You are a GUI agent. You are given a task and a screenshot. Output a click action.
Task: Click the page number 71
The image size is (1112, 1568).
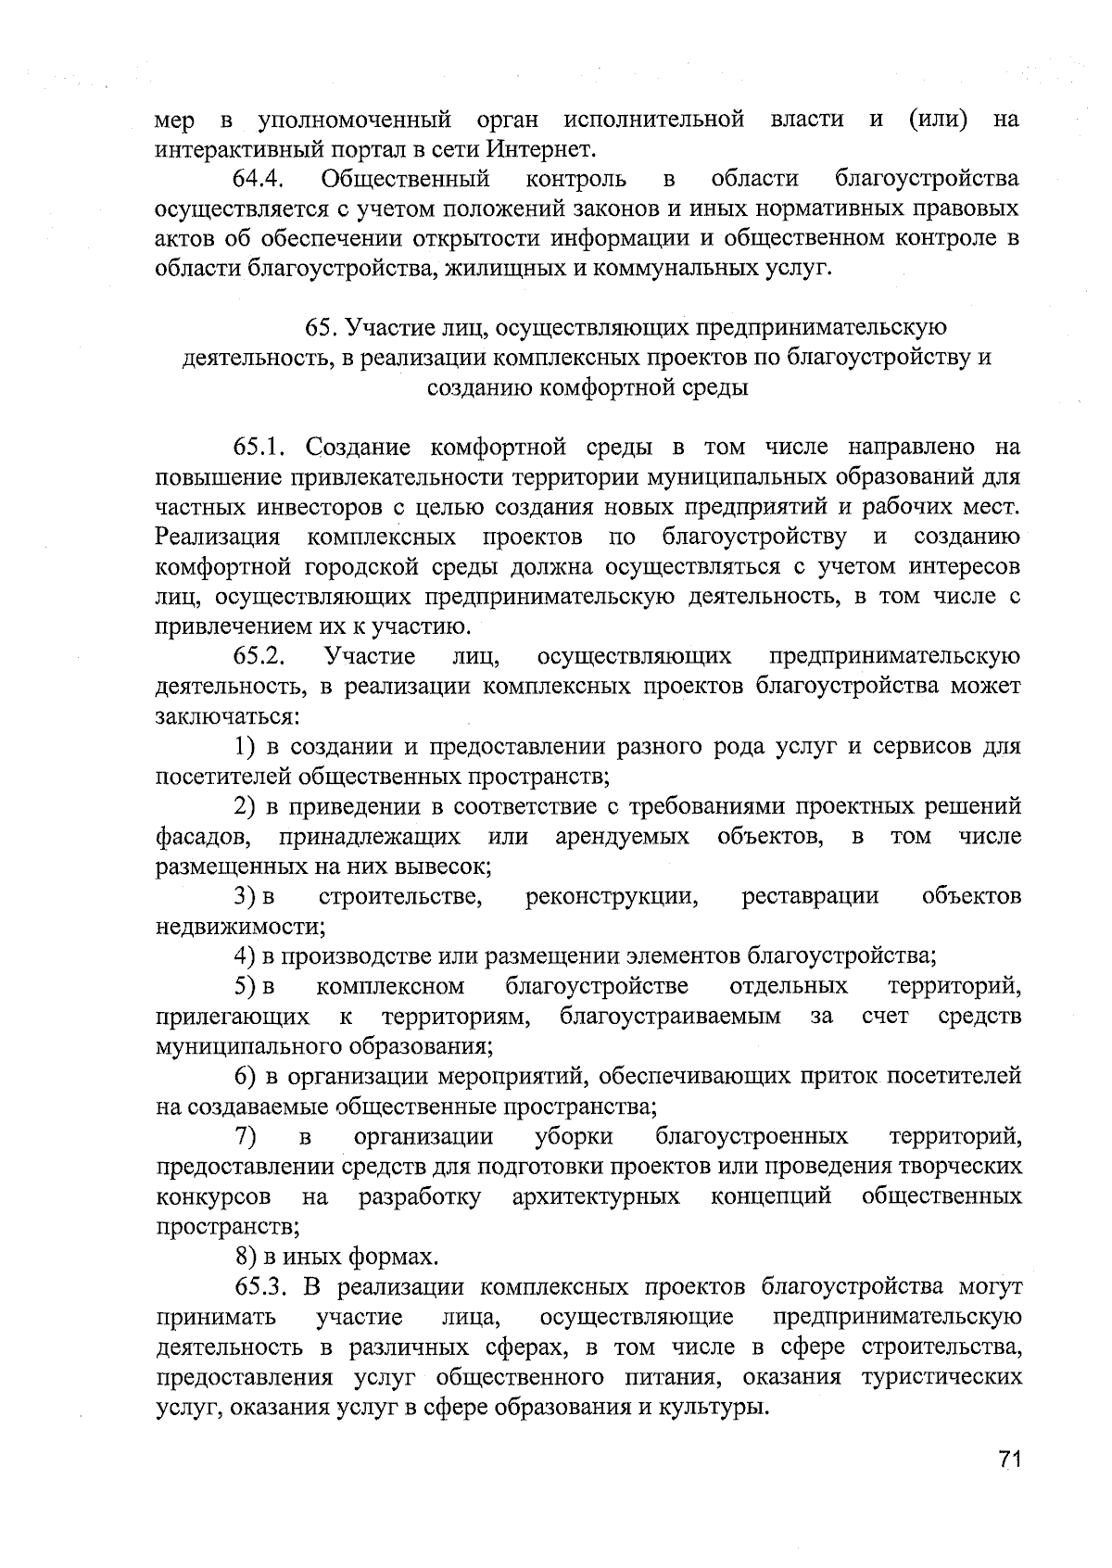pos(1009,1461)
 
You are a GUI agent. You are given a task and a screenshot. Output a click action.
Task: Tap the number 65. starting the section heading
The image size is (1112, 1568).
pos(321,327)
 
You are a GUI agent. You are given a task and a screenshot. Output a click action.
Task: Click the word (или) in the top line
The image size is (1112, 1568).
pos(939,120)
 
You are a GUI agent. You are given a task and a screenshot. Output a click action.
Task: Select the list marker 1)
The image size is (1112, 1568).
pos(245,747)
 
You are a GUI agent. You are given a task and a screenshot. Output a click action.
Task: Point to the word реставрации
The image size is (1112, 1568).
pos(810,896)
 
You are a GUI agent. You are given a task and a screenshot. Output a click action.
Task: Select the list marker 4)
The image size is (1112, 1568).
pos(245,955)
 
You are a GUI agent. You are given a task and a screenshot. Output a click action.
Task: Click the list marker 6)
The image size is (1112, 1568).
pos(245,1076)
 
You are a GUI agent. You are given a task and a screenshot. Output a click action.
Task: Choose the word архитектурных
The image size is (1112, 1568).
pos(596,1196)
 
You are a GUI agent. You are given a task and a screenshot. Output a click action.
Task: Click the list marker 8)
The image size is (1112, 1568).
pos(245,1257)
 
